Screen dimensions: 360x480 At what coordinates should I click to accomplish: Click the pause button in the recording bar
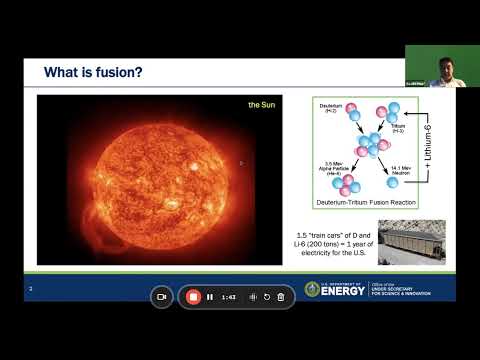coord(210,297)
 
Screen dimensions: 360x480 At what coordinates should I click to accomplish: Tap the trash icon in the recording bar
coord(281,297)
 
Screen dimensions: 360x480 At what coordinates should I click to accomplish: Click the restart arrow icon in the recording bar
coord(267,297)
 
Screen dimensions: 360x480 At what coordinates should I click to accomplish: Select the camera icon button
coord(162,297)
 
